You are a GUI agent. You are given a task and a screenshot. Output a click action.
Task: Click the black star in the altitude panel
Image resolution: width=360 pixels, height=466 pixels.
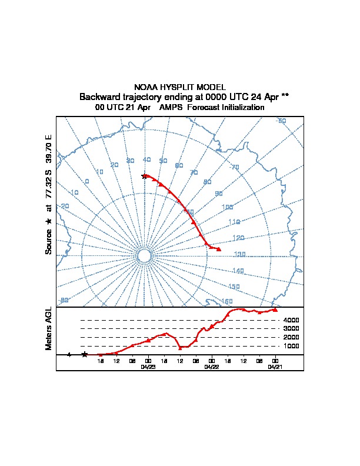pyautogui.click(x=85, y=354)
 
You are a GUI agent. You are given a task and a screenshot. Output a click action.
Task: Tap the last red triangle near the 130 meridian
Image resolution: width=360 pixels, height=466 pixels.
pyautogui.click(x=219, y=249)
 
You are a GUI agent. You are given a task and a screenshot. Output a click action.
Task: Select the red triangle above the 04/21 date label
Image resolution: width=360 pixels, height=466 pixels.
pyautogui.click(x=275, y=309)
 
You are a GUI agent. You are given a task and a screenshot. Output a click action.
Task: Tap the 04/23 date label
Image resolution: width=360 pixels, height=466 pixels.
pyautogui.click(x=148, y=367)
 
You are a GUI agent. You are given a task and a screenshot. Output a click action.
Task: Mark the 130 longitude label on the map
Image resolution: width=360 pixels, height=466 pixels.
pyautogui.click(x=239, y=254)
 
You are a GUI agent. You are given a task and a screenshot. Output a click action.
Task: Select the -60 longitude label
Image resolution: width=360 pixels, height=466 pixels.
pyautogui.click(x=282, y=121)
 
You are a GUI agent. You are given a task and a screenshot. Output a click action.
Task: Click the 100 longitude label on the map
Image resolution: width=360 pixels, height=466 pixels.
pyautogui.click(x=227, y=207)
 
